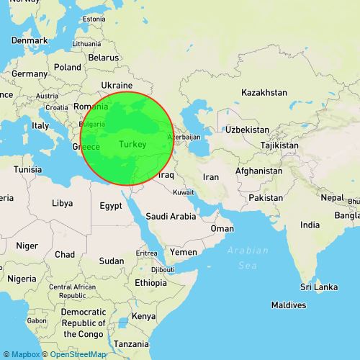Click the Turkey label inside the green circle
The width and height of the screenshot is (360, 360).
[x=132, y=145]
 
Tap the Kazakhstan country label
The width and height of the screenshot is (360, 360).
[x=264, y=93]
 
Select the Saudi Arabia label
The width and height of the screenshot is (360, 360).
[x=171, y=216]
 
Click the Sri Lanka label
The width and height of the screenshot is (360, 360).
[x=319, y=287]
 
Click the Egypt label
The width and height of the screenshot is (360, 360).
[x=110, y=205]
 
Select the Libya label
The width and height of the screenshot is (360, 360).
[x=62, y=204]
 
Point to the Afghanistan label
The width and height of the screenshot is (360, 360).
[x=258, y=171]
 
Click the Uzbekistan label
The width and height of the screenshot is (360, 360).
[x=247, y=130]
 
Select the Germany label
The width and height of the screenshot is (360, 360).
[x=29, y=73]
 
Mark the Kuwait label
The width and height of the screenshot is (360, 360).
[x=184, y=192]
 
